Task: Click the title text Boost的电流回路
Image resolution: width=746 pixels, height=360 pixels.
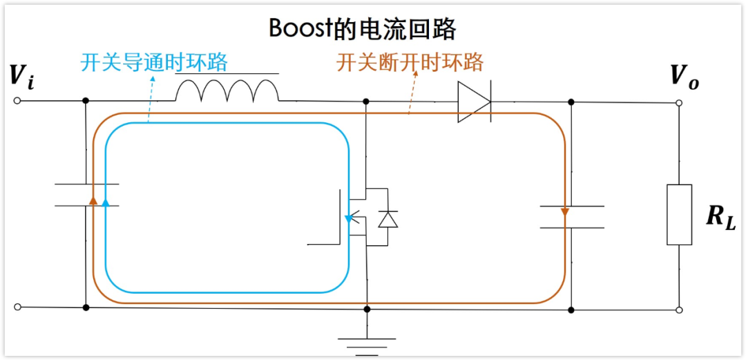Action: [x=363, y=28]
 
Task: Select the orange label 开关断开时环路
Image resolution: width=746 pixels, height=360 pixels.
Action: [x=410, y=63]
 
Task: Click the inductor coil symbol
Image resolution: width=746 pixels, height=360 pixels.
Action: [x=227, y=90]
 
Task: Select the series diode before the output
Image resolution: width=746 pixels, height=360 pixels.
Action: [x=475, y=102]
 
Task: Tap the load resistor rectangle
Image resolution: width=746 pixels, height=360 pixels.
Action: [x=679, y=214]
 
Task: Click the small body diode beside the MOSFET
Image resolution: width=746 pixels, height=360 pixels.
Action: [x=388, y=219]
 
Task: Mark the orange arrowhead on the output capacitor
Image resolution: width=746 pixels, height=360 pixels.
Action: [x=565, y=211]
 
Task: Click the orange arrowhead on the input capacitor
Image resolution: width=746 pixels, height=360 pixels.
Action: [x=93, y=200]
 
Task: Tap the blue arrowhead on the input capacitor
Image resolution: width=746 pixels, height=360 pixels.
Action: [x=105, y=202]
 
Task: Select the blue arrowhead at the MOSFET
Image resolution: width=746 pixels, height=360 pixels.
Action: [x=349, y=219]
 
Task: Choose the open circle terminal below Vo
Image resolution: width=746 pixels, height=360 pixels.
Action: [x=679, y=103]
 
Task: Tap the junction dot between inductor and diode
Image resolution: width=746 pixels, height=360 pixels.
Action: [x=366, y=102]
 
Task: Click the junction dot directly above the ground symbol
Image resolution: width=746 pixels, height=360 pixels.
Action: [x=367, y=309]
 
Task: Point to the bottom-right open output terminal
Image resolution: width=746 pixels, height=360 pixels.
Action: [x=679, y=310]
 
